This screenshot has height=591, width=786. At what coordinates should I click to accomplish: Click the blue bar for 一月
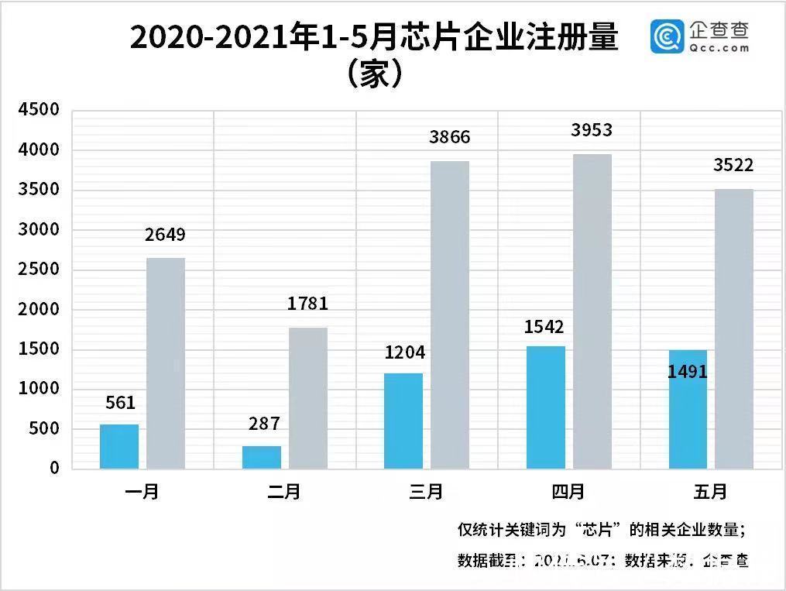119,446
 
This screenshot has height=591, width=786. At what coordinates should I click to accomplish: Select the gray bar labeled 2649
166,363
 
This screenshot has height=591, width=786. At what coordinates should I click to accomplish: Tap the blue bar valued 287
262,457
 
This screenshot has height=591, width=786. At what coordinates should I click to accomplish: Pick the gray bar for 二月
308,398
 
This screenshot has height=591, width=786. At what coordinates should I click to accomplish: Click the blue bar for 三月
403,421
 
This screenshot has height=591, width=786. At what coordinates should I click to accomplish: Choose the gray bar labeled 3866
450,314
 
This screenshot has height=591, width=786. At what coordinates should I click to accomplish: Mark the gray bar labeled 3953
592,311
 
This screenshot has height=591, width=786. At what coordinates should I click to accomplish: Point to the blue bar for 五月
688,409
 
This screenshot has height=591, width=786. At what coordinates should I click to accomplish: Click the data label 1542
545,327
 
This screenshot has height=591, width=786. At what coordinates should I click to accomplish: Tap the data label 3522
733,165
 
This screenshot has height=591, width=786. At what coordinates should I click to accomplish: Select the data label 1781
307,304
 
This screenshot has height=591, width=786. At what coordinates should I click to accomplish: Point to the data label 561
120,403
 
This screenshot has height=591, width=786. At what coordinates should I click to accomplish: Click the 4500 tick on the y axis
39,110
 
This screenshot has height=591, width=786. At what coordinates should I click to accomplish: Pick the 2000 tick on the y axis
39,309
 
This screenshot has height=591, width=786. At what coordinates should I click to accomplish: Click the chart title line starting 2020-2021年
374,37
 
